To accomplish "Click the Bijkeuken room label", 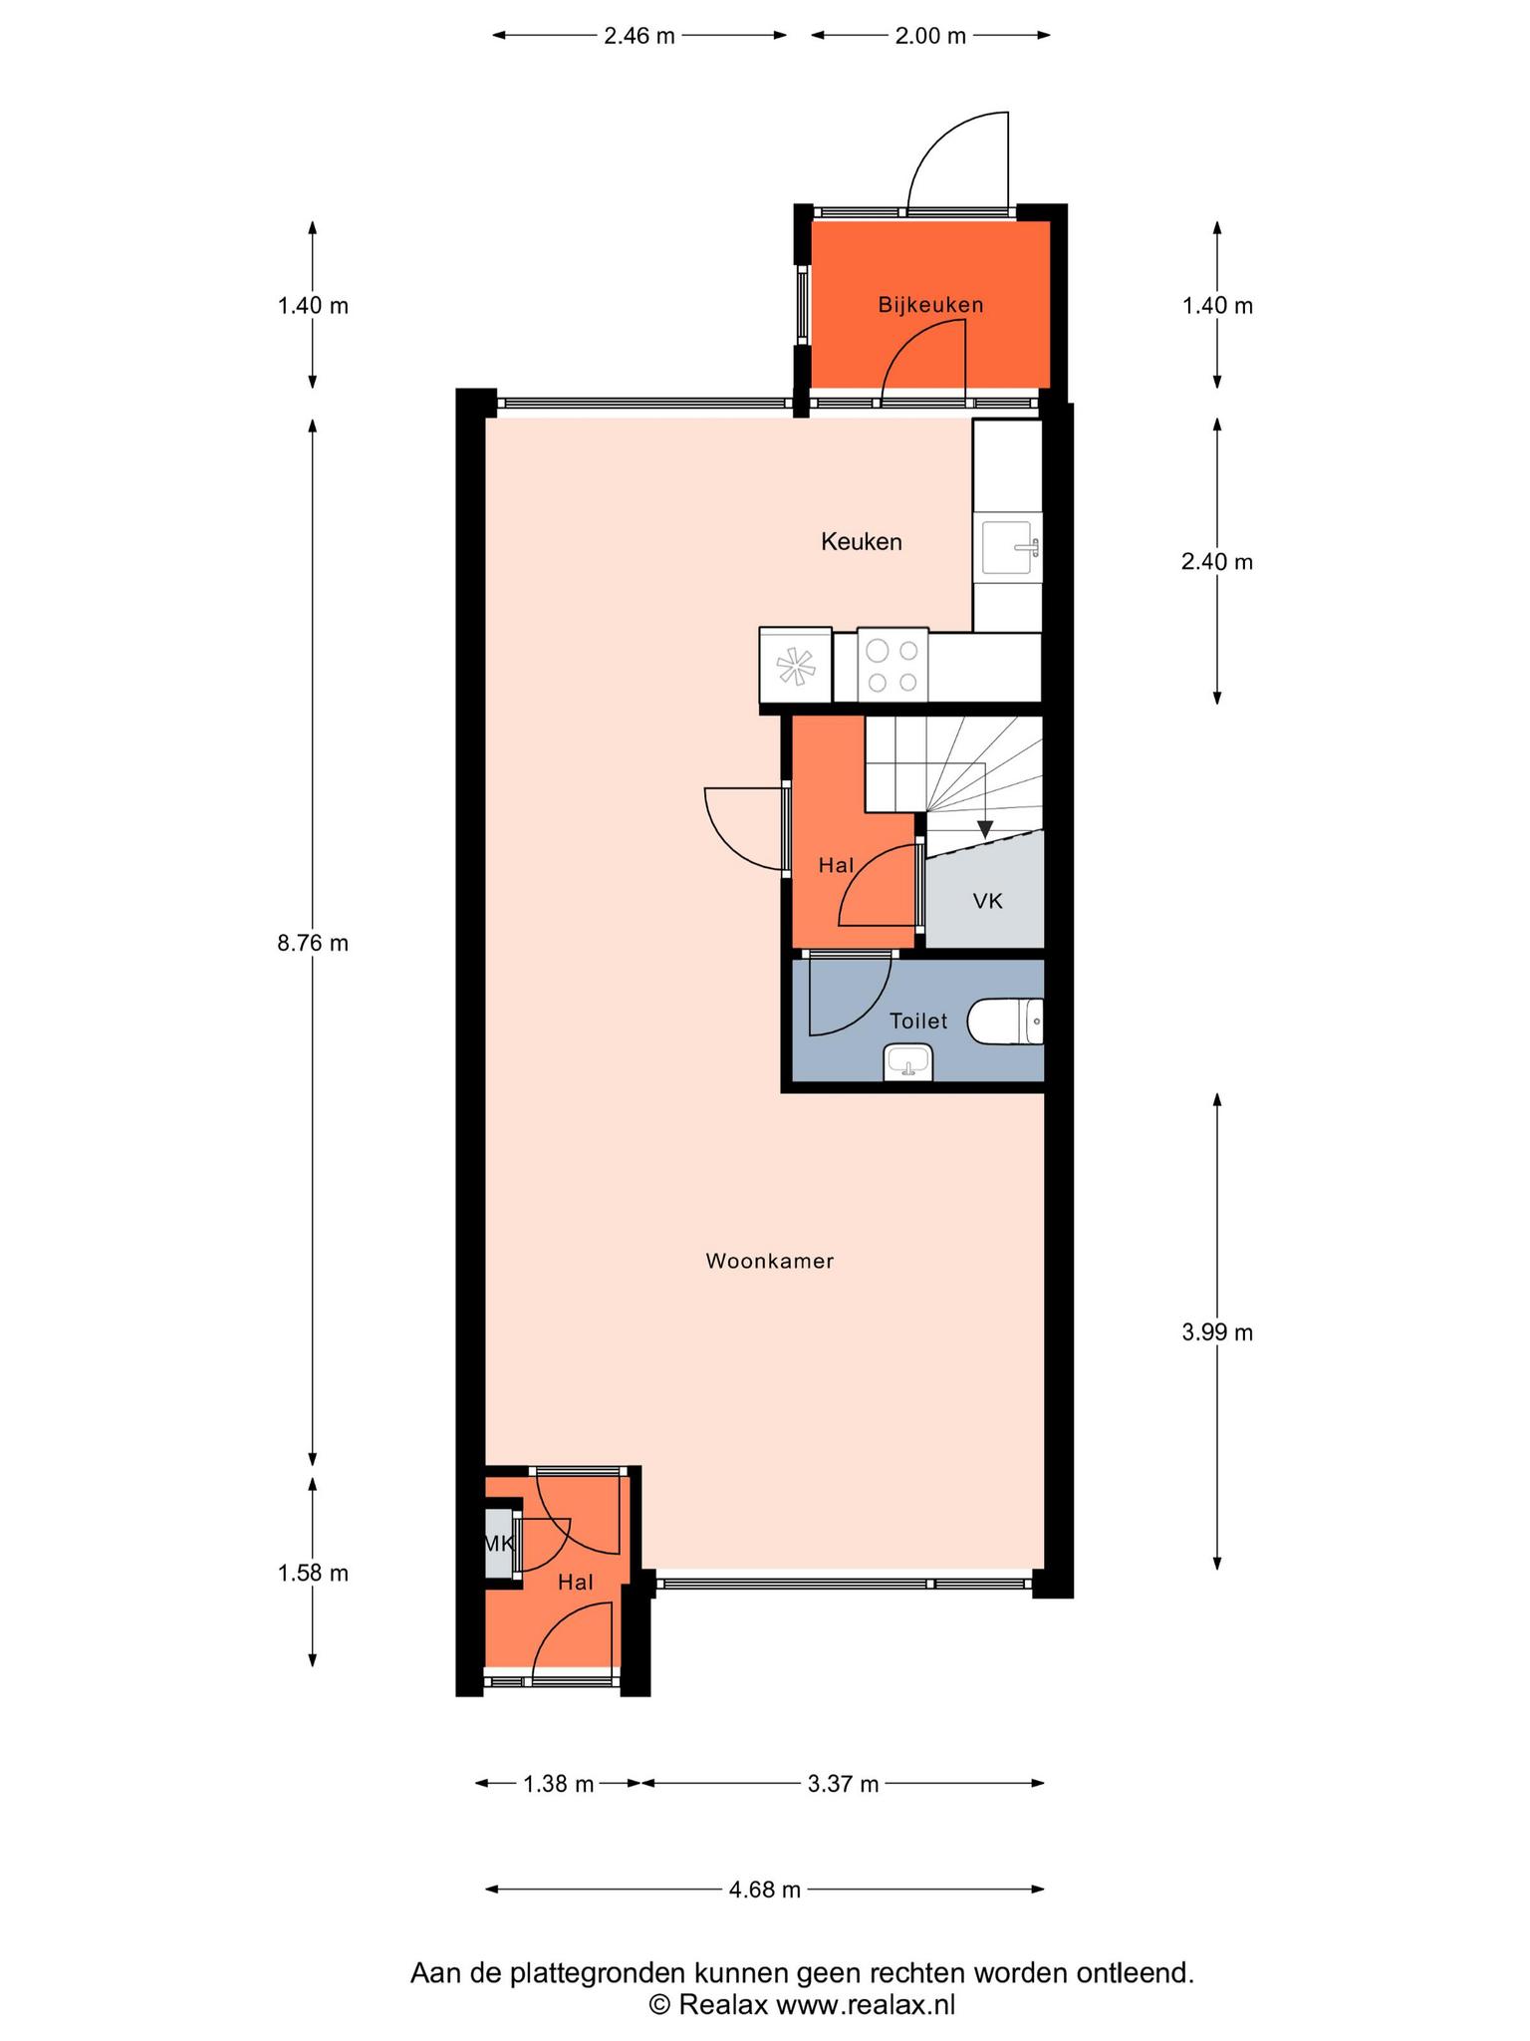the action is [x=930, y=305].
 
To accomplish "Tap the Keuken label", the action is [x=862, y=542].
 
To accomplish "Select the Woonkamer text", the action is [x=770, y=1261].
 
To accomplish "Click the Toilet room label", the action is [x=918, y=1020].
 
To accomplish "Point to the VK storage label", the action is [x=987, y=901].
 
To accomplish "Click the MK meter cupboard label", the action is [x=499, y=1544].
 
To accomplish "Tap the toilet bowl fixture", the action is [x=1005, y=1021].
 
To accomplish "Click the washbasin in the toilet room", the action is [x=907, y=1062].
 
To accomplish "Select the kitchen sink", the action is [x=1011, y=548].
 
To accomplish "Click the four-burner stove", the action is [x=892, y=666].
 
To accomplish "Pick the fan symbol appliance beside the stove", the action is [x=795, y=666].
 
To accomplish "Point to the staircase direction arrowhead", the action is [x=985, y=828].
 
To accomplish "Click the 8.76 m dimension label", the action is [x=313, y=943].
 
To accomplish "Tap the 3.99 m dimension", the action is [x=1217, y=1332].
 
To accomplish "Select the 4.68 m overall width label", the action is [x=765, y=1890].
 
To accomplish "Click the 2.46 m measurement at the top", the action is [x=639, y=36].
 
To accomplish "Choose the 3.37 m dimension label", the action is [x=843, y=1784].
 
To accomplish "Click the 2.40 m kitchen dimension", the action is [x=1217, y=562].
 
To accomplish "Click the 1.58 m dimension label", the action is [x=313, y=1574].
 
